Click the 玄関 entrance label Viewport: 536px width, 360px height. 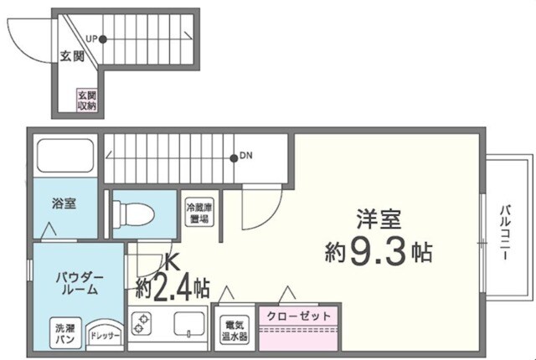72,57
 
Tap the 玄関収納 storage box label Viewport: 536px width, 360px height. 87,100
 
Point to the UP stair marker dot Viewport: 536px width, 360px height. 103,39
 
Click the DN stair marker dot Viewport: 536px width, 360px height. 234,157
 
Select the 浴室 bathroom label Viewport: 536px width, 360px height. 64,203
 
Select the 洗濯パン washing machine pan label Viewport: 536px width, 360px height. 64,332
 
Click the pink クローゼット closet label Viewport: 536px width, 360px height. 299,316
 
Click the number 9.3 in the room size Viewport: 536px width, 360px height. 378,251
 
